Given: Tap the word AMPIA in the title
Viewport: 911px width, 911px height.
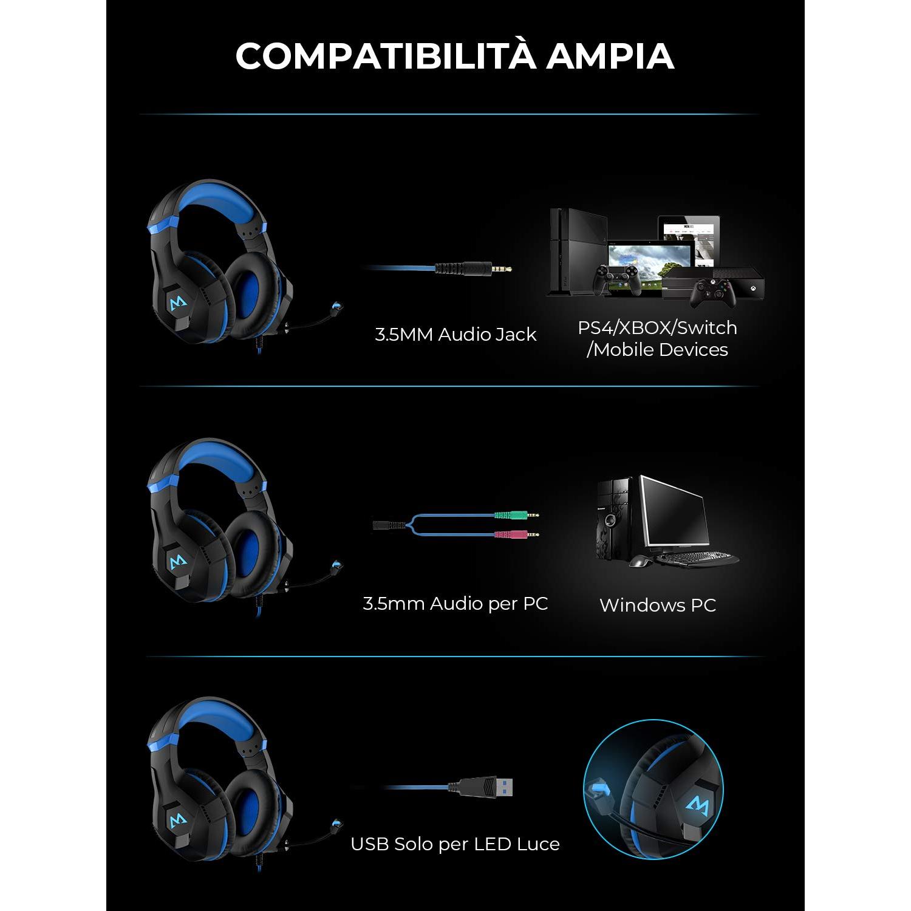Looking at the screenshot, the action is [x=610, y=56].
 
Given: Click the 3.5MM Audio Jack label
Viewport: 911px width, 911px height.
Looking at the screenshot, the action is [x=455, y=335].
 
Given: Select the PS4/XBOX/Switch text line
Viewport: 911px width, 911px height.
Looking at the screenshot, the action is [x=657, y=328].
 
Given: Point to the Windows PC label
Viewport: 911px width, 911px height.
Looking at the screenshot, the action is [x=658, y=605].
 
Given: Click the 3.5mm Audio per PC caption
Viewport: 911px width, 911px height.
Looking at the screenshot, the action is [x=455, y=604].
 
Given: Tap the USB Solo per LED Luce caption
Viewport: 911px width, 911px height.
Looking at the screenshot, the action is [x=455, y=844].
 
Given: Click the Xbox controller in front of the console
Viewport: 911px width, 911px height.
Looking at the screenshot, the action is [x=715, y=293].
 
